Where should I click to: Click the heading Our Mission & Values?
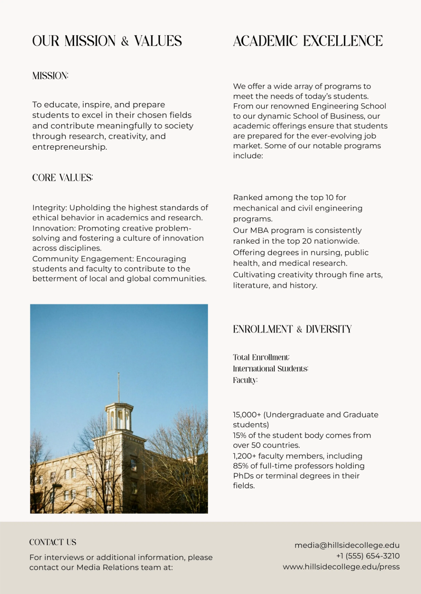click(x=107, y=41)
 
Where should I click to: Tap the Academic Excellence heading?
click(x=308, y=41)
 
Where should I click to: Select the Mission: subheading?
click(x=50, y=76)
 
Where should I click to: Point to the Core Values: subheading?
click(x=62, y=178)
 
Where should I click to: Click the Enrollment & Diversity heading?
click(x=292, y=329)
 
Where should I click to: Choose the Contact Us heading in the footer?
click(x=53, y=542)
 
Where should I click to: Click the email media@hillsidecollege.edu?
click(x=347, y=545)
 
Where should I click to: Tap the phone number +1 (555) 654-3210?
click(x=368, y=556)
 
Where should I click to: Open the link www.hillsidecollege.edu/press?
click(x=341, y=567)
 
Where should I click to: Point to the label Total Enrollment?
click(x=261, y=358)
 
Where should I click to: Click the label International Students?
click(x=270, y=369)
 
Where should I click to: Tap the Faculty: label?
click(x=245, y=380)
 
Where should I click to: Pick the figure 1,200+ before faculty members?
click(x=244, y=456)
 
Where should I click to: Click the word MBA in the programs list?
click(x=259, y=230)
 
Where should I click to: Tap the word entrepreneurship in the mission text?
click(x=69, y=147)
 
